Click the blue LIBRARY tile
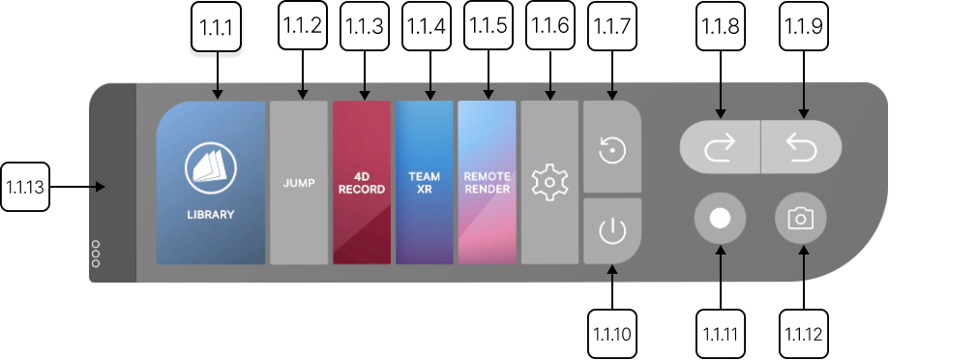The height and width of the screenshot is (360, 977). [x=211, y=183]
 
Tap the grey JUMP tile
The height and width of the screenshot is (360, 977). [x=299, y=183]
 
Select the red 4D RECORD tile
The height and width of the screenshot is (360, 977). [x=362, y=183]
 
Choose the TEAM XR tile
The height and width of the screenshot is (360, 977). [x=425, y=183]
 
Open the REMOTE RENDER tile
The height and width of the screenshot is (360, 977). [x=487, y=183]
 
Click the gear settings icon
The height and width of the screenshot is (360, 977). [x=549, y=183]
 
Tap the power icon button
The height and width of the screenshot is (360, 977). [x=611, y=231]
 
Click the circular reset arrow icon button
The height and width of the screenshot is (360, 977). [x=611, y=151]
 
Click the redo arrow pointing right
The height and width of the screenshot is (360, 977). [x=720, y=146]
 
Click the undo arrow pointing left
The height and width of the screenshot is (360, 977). [x=802, y=146]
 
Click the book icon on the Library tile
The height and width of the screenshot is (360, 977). [x=211, y=170]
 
